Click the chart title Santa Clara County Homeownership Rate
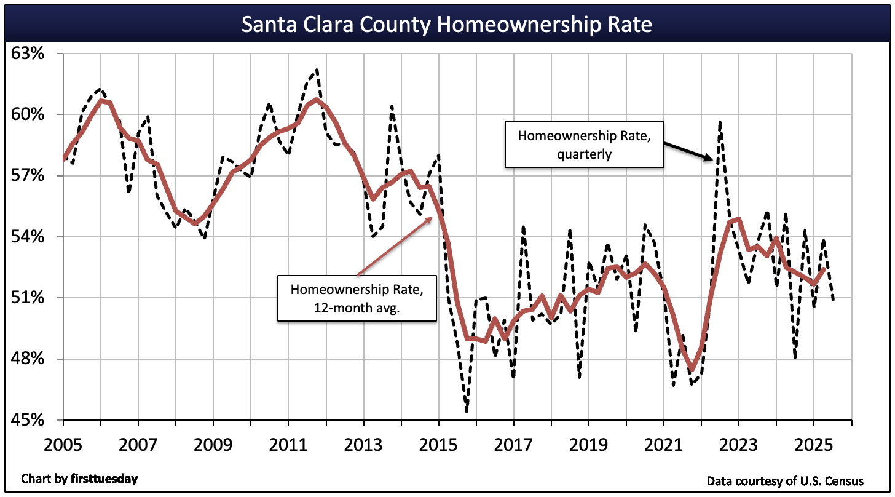447,25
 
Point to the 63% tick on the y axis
28,54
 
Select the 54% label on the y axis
28,237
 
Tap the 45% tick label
28,420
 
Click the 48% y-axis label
28,359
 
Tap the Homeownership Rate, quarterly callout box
584,144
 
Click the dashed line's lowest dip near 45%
467,412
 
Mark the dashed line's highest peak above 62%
317,70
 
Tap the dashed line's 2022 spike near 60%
720,122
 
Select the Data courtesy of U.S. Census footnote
785,480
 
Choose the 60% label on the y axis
28,114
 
